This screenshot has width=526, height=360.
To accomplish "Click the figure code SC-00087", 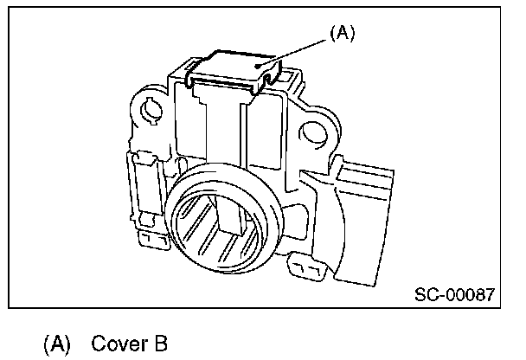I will [453, 294].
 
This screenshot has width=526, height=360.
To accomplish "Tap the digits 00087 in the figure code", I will [471, 294].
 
